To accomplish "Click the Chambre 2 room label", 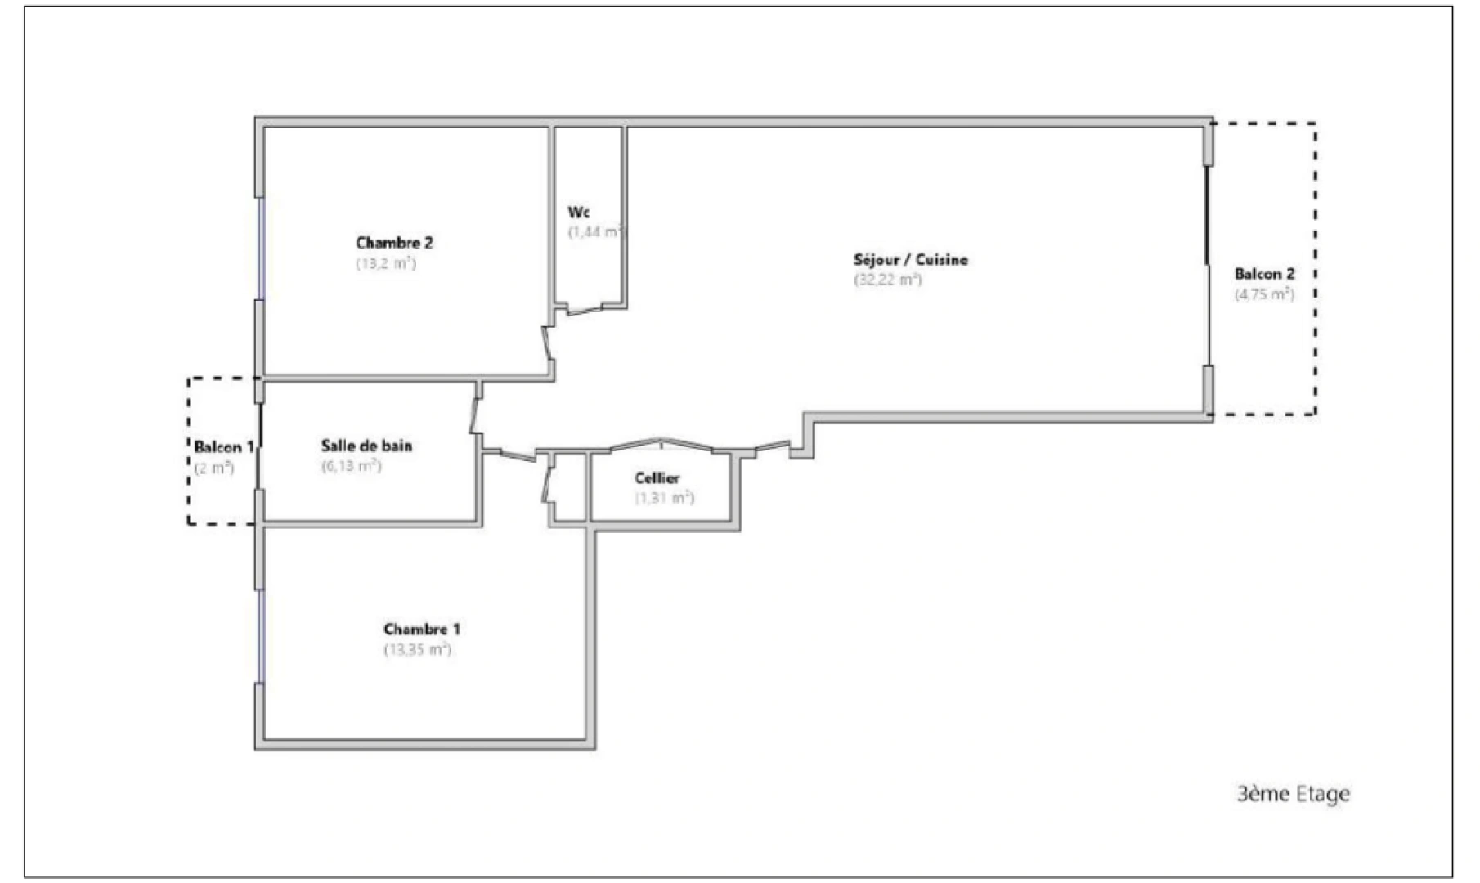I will (394, 243).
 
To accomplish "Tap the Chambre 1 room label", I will (421, 630).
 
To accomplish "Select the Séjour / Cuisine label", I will (910, 260).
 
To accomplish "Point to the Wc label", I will (579, 213).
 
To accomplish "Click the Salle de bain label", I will (366, 446).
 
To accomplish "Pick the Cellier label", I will (657, 478).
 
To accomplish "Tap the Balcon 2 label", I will (1264, 274).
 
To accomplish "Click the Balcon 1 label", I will (223, 447).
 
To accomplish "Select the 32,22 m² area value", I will (888, 280).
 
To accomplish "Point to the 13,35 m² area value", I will (417, 650).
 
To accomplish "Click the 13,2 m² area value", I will (385, 263).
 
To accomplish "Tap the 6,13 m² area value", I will (351, 466).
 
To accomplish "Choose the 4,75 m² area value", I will (1264, 294).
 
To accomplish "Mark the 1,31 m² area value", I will (664, 497).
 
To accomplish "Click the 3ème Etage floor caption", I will (1293, 793).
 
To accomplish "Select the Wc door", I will (585, 309).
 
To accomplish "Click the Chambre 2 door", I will (549, 343).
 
